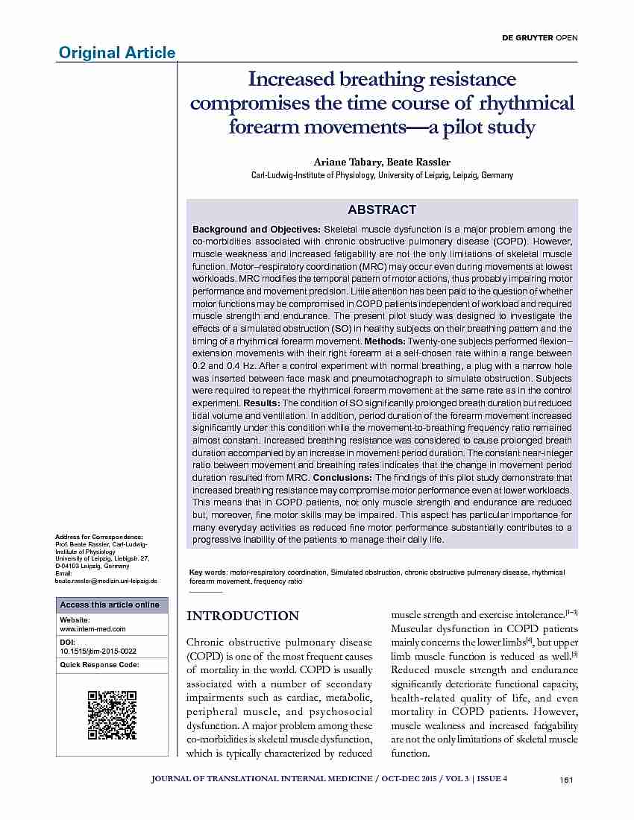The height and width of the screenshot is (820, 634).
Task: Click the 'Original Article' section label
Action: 117,52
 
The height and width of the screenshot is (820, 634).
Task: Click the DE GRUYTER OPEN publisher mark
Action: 544,37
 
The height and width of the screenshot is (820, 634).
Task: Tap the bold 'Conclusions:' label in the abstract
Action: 342,477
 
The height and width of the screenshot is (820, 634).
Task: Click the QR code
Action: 112,715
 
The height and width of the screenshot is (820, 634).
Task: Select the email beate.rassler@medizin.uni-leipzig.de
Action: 106,580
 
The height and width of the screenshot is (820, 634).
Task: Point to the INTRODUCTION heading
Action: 242,616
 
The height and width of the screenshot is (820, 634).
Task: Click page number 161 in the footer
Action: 565,780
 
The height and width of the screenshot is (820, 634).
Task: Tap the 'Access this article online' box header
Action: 110,605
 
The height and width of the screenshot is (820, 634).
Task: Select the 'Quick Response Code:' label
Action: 99,664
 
